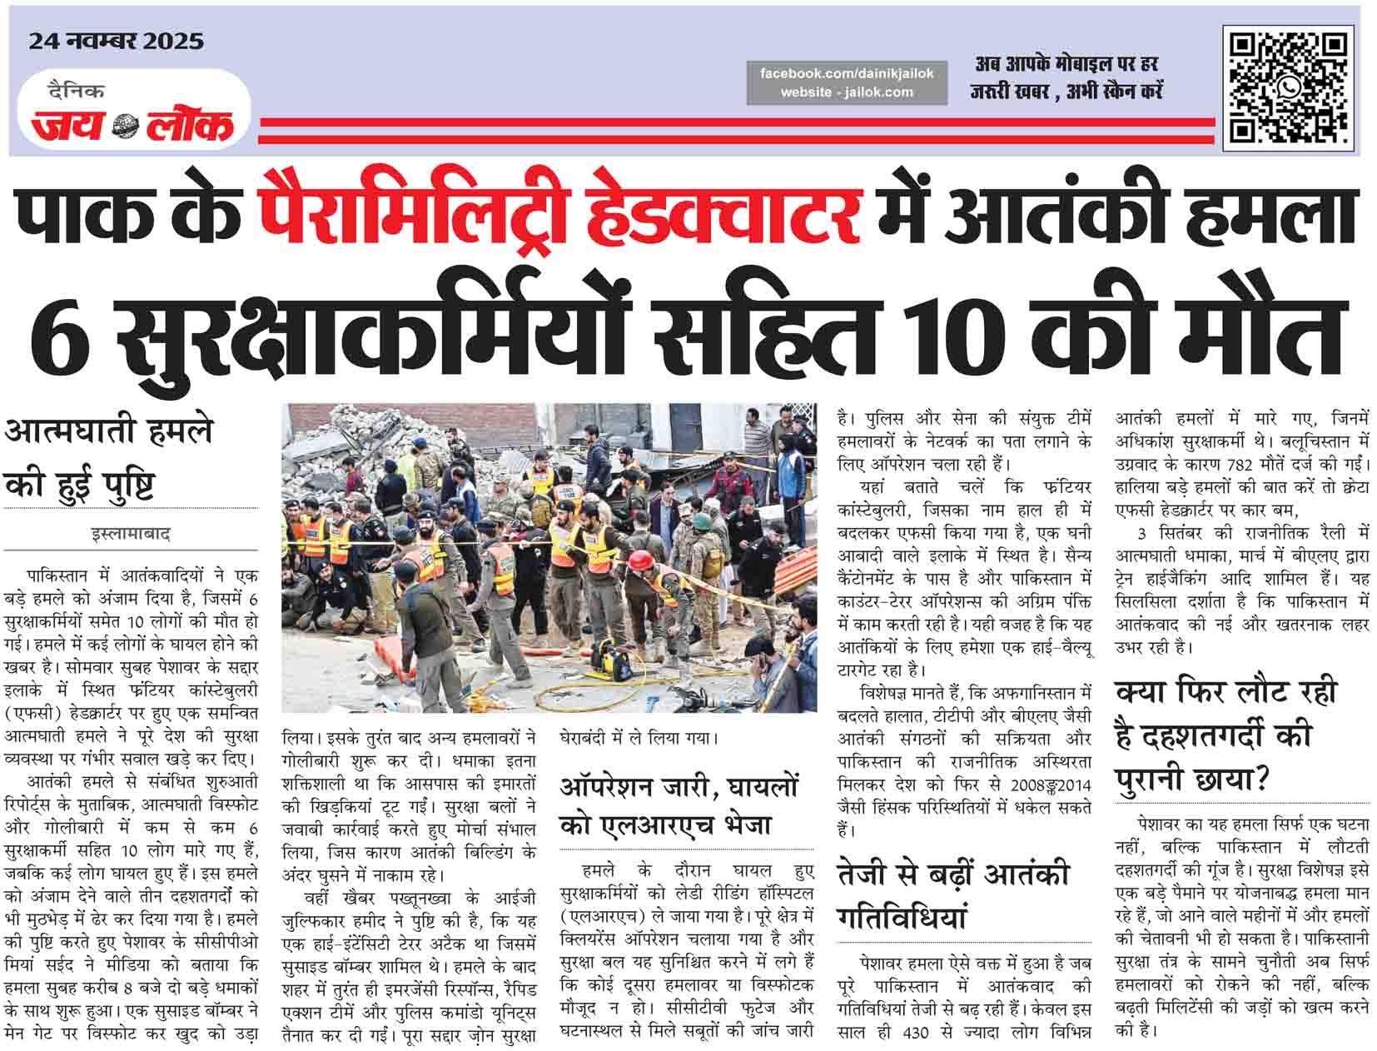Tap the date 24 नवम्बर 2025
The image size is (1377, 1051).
pos(116,41)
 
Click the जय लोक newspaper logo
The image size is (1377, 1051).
pos(133,124)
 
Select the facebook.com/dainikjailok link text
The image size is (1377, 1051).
pos(847,73)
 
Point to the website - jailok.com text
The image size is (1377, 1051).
pos(847,92)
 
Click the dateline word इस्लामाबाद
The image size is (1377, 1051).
pos(131,534)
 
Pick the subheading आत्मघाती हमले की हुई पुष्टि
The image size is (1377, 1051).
pos(108,458)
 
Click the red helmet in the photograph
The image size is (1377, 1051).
pos(639,560)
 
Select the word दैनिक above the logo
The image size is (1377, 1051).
pos(76,92)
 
